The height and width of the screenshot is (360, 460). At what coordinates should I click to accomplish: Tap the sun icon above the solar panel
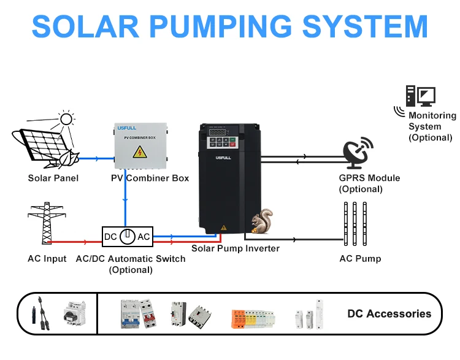tap(66, 119)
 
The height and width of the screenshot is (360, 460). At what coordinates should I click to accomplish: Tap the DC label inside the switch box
tap(111, 237)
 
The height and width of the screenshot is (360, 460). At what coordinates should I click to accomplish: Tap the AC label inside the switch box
tap(144, 237)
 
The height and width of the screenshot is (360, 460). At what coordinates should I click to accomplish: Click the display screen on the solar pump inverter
tap(218, 132)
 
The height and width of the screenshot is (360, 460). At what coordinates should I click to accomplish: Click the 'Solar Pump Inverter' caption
tap(236, 248)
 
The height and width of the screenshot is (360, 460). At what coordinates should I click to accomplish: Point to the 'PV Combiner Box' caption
tap(150, 178)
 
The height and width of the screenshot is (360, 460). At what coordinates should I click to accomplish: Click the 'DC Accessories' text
tap(389, 313)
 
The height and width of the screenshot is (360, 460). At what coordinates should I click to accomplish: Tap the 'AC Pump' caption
tap(360, 258)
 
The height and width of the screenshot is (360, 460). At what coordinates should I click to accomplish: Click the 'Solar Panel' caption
tap(53, 178)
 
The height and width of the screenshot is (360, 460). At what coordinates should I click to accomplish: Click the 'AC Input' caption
tap(47, 258)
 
